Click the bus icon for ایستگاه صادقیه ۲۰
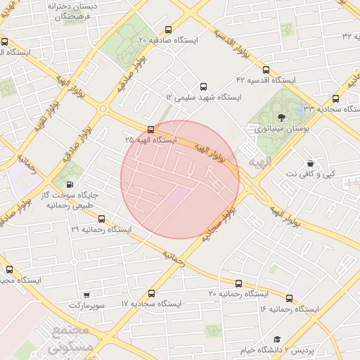[167, 30]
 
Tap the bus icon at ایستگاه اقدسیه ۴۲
[266, 70]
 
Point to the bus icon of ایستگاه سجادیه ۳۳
[335, 99]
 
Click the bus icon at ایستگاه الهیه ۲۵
[150, 129]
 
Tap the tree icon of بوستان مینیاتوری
[282, 117]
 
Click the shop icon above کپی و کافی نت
[310, 163]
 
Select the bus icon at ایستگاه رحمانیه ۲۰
[238, 283]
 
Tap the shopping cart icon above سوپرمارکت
[86, 295]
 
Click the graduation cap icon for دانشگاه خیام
[277, 339]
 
